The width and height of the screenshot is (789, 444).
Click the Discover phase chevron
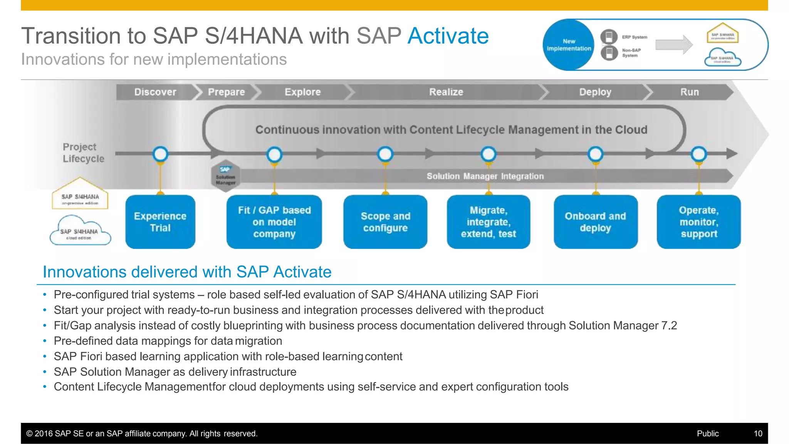click(x=155, y=92)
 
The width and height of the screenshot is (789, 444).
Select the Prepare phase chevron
click(x=226, y=92)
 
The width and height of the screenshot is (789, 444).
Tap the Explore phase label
click(x=302, y=92)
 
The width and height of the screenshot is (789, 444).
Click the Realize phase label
click(x=446, y=92)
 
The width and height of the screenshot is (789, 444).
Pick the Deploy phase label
click(x=595, y=92)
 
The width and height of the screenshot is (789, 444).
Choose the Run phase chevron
click(x=689, y=92)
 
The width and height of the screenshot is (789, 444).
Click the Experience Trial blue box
click(x=160, y=222)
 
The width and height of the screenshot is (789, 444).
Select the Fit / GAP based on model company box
click(x=274, y=222)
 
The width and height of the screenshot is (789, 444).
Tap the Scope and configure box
click(x=385, y=222)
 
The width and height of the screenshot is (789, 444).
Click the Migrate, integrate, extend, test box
click(x=488, y=222)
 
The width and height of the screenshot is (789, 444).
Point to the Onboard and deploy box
click(x=595, y=222)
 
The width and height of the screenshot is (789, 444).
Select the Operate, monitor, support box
click(x=698, y=222)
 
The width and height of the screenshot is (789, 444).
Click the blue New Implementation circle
click(x=569, y=45)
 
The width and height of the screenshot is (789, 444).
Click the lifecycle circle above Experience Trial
click(x=160, y=154)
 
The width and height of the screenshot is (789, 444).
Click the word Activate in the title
click(x=448, y=36)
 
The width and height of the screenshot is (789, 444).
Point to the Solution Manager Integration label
click(x=485, y=176)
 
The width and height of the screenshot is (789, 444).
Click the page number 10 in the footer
click(x=758, y=434)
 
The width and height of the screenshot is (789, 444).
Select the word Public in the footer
click(x=708, y=434)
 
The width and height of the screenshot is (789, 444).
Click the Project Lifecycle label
click(x=83, y=152)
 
